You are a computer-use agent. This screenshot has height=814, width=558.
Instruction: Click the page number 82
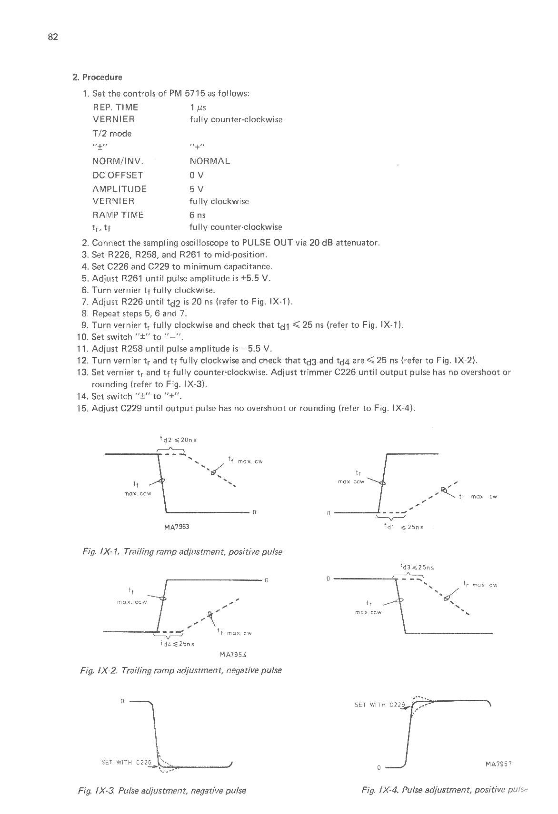(x=53, y=38)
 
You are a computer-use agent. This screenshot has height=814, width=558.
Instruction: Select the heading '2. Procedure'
(x=97, y=77)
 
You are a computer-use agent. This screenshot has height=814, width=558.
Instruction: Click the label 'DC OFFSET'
(x=118, y=175)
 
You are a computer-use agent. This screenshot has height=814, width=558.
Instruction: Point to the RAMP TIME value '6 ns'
(x=198, y=215)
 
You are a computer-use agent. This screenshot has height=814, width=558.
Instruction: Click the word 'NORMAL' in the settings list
(x=209, y=161)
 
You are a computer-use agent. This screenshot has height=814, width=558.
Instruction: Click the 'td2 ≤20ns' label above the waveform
(x=178, y=440)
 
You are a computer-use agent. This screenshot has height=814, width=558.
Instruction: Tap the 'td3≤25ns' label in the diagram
(x=417, y=567)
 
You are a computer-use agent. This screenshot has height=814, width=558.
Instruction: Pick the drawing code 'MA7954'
(x=233, y=654)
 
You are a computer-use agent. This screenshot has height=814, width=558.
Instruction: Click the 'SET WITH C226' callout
(x=126, y=763)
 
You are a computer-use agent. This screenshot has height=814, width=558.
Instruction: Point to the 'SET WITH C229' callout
(x=379, y=705)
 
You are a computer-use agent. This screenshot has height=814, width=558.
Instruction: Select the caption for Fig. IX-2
(x=181, y=670)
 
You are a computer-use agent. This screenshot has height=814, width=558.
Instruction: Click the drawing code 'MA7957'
(x=498, y=765)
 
